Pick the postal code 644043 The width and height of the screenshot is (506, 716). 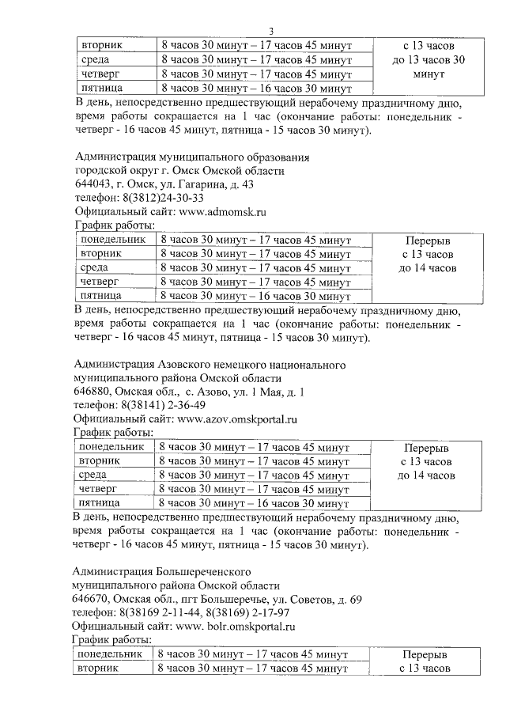[93, 184]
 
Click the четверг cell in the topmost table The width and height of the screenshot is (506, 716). [99, 74]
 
